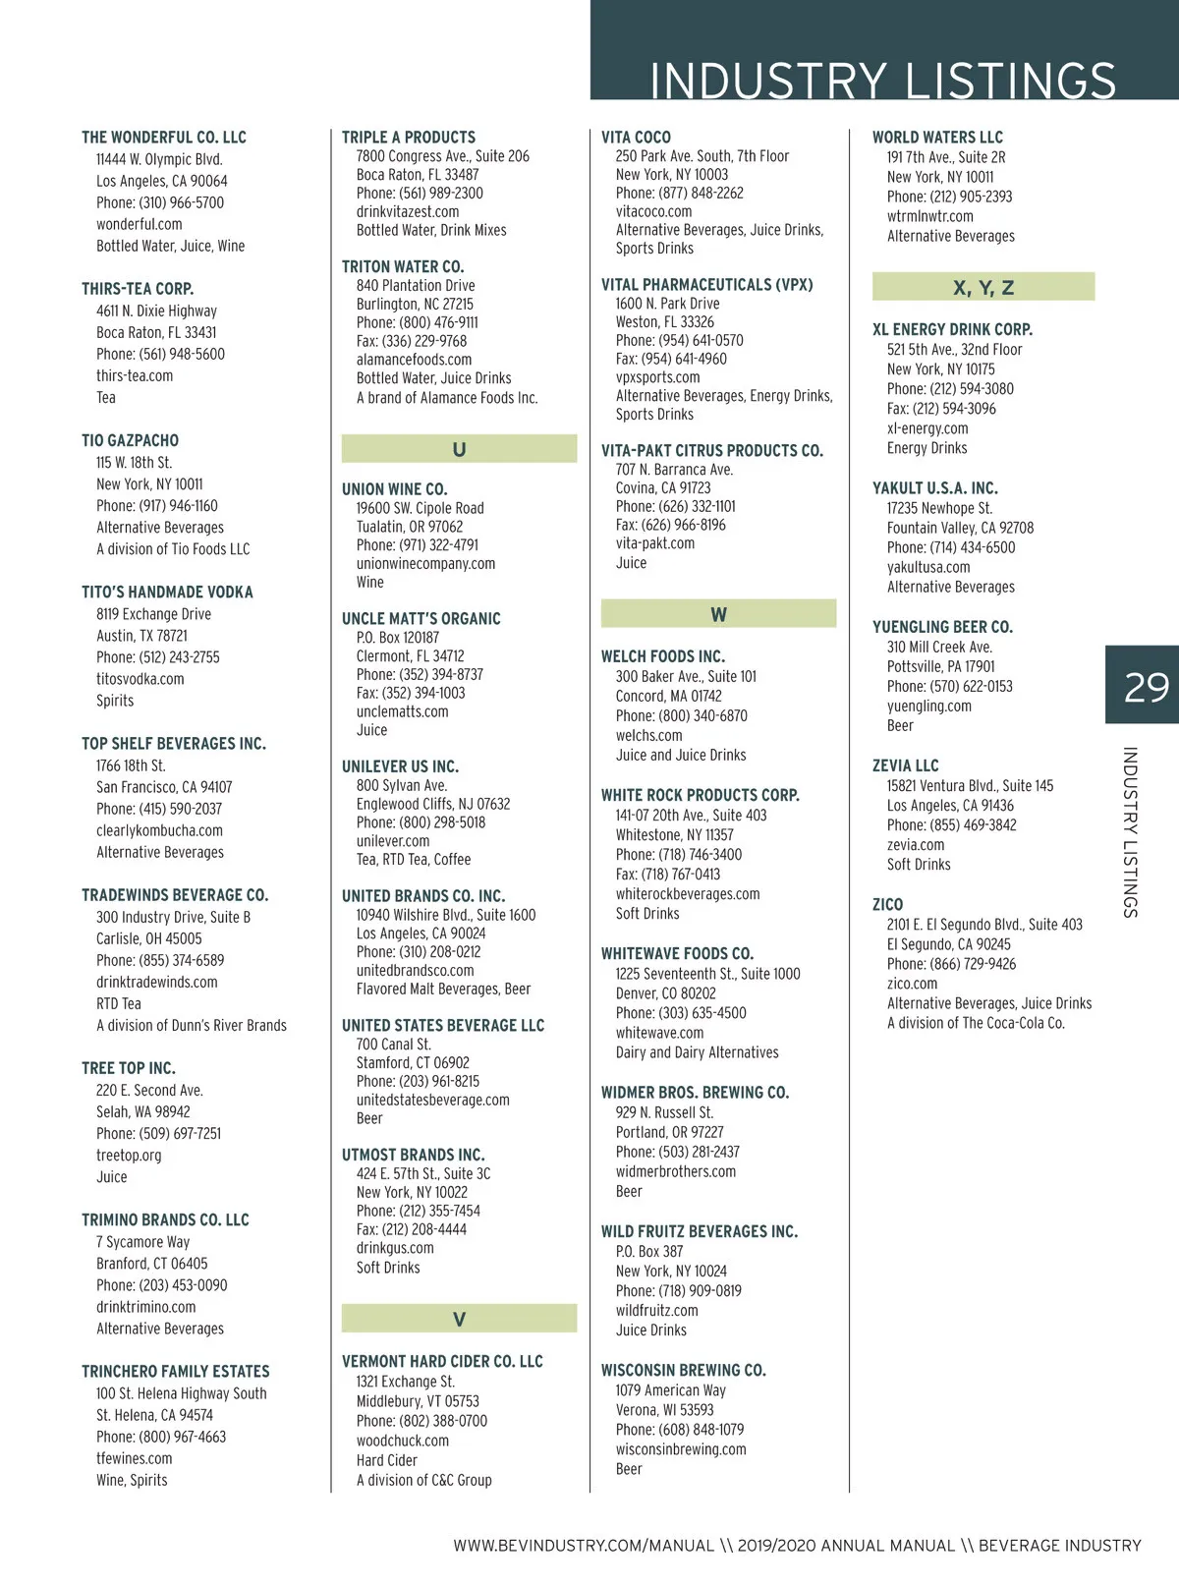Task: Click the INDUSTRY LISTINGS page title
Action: click(x=882, y=81)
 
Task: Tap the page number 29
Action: click(x=1146, y=687)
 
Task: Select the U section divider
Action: click(x=459, y=449)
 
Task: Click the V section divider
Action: click(x=459, y=1319)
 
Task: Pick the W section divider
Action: click(x=718, y=614)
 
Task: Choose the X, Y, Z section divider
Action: click(x=982, y=287)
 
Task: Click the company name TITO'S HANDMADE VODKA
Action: click(x=167, y=593)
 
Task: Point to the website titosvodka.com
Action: click(x=140, y=679)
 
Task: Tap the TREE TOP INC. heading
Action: click(x=128, y=1068)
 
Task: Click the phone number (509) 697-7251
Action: click(x=158, y=1133)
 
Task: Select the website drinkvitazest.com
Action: click(x=407, y=211)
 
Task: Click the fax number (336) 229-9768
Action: click(x=411, y=341)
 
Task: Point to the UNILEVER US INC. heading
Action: click(x=400, y=766)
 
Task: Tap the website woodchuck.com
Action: click(x=402, y=1441)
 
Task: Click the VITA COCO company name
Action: click(x=636, y=138)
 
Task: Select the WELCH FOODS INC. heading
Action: click(x=662, y=656)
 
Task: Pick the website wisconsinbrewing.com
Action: click(x=680, y=1449)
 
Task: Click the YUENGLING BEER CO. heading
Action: click(x=941, y=627)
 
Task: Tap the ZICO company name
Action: click(x=887, y=904)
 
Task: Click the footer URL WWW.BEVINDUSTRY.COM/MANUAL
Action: click(x=583, y=1546)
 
